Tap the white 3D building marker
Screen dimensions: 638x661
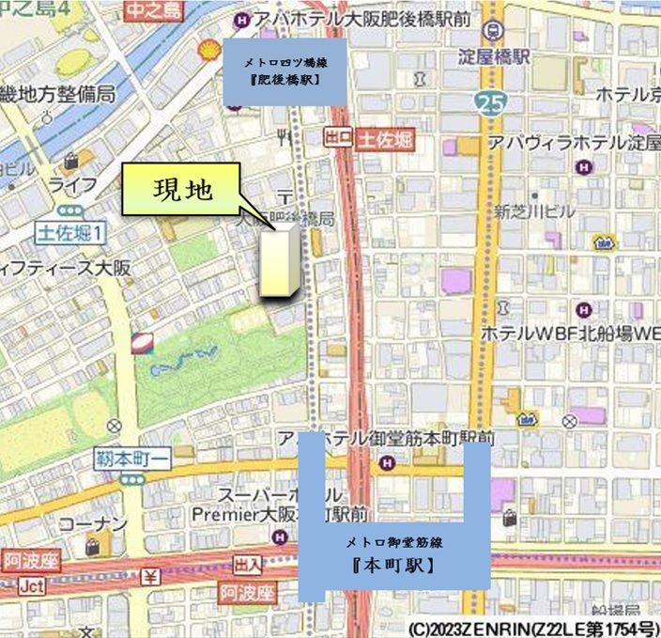280,261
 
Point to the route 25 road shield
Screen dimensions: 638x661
488,101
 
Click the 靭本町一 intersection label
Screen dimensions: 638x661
131,459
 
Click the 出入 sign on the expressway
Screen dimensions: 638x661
248,564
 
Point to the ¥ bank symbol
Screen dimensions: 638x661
149,576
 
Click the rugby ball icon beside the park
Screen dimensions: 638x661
142,343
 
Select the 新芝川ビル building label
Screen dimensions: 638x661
534,211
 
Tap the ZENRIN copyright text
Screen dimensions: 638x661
532,627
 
